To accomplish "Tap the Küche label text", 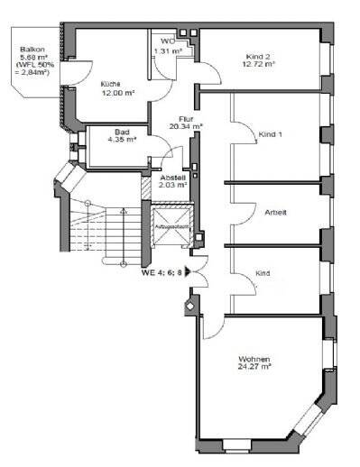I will pyautogui.click(x=111, y=85).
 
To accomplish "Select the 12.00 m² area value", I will pyautogui.click(x=117, y=94).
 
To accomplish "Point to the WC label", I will pyautogui.click(x=167, y=41).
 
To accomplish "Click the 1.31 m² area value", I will pyautogui.click(x=168, y=50).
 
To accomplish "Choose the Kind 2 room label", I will pyautogui.click(x=257, y=57).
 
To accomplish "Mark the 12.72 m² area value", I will pyautogui.click(x=258, y=66).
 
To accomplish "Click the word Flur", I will pyautogui.click(x=186, y=117).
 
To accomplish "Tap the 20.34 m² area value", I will pyautogui.click(x=186, y=126).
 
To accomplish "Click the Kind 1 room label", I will pyautogui.click(x=271, y=134).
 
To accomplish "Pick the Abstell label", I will pyautogui.click(x=172, y=178).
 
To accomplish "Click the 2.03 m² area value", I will pyautogui.click(x=172, y=187).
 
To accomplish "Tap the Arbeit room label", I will pyautogui.click(x=275, y=213).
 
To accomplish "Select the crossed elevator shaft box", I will pyautogui.click(x=170, y=232).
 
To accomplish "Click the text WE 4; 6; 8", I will pyautogui.click(x=161, y=271).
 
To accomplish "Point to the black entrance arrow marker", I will pyautogui.click(x=189, y=271).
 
